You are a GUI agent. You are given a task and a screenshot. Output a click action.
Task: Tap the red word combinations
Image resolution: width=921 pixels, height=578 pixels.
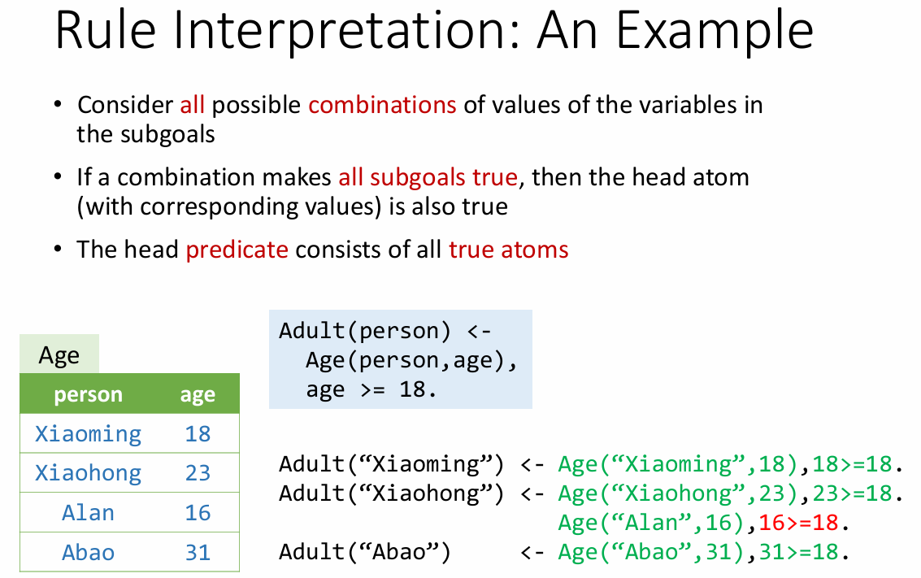pos(382,105)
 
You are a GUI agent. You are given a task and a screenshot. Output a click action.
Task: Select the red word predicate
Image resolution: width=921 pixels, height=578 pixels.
pos(237,250)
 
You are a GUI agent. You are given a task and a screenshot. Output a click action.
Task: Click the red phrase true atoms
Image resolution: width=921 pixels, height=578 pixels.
pos(509,250)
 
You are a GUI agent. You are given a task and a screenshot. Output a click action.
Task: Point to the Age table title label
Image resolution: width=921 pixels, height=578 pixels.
pos(59,355)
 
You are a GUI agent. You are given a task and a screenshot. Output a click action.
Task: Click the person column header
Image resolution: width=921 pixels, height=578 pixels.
pos(88,395)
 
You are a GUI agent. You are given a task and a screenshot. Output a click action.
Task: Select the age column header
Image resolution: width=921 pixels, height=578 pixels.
pos(198,395)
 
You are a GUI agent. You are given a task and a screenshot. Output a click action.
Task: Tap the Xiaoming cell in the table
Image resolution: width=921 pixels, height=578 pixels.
pos(88,434)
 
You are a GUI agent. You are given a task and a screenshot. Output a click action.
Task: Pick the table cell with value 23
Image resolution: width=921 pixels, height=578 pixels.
pos(198,473)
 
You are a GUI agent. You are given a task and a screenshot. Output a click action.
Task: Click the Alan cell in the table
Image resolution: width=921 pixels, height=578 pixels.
pos(88,513)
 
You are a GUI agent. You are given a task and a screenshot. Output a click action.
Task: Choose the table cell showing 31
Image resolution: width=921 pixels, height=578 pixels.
pos(198,552)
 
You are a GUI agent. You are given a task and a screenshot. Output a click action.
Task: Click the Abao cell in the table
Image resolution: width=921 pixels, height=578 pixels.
pos(88,552)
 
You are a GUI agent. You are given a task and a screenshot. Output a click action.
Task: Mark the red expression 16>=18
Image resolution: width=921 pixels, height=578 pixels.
pos(798,523)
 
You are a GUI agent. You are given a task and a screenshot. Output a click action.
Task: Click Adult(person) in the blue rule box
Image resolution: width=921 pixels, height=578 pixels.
pos(365,332)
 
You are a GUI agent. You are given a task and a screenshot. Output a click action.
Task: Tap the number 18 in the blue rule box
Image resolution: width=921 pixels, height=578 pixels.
pos(412,389)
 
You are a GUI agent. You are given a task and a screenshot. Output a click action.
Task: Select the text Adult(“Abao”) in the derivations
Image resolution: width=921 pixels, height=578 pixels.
pos(365,552)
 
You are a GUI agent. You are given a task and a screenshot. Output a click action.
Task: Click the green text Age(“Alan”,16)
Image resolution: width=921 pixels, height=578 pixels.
pos(651,523)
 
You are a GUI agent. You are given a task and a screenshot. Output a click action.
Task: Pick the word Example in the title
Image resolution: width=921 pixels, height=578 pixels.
pos(715,31)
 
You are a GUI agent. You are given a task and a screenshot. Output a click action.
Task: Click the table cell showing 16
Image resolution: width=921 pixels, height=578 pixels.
pos(198,513)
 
